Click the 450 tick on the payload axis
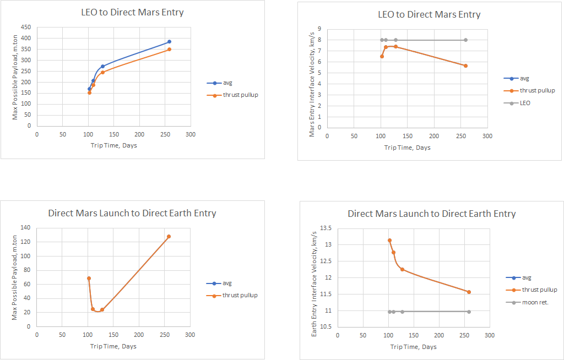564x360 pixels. point(26,28)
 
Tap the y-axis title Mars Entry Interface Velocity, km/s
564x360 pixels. point(312,85)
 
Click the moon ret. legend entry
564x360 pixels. point(527,302)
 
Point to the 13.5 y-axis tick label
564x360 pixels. point(326,228)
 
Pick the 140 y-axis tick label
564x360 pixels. point(25,228)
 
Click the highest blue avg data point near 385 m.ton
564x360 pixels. point(170,42)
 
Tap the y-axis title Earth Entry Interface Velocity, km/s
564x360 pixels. point(314,284)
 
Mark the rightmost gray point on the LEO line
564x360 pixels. point(466,40)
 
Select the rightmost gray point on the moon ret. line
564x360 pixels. point(469,312)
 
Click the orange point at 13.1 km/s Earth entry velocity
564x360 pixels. point(389,241)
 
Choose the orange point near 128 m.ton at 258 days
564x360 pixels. point(169,237)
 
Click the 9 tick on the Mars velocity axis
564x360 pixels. point(319,29)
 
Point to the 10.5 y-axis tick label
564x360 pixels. point(326,328)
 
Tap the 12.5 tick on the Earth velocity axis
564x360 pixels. point(326,261)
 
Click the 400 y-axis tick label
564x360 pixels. point(26,38)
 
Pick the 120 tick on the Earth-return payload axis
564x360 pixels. point(25,242)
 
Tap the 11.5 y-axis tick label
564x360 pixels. point(326,294)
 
